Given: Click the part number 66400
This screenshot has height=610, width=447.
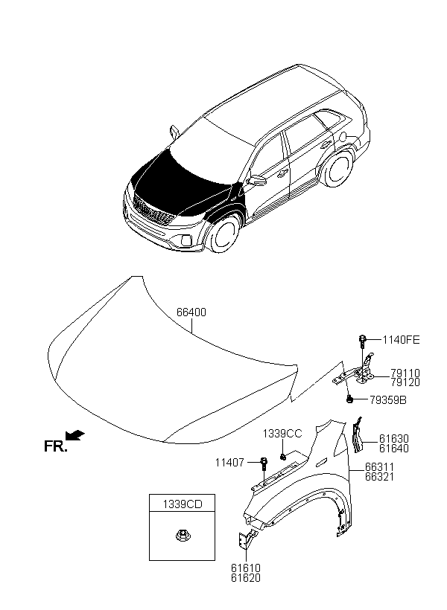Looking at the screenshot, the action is click(x=191, y=312).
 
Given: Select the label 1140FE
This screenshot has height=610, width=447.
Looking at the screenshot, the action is click(x=401, y=340).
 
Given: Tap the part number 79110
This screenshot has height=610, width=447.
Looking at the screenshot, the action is click(x=405, y=373).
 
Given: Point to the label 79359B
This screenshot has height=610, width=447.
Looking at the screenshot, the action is click(x=387, y=400).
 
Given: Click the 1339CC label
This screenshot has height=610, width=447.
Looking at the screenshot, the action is click(x=282, y=434).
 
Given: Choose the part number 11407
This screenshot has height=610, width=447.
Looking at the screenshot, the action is click(x=229, y=463).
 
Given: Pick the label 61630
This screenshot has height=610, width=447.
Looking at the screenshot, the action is click(x=394, y=439).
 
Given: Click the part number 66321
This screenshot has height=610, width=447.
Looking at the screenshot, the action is click(x=380, y=477).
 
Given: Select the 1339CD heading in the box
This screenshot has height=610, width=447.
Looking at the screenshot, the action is click(x=183, y=504).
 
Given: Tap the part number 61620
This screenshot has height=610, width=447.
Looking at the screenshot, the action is click(x=246, y=578).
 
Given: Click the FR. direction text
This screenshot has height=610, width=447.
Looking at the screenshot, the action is click(x=56, y=446).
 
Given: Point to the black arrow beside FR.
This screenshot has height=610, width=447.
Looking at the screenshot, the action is click(x=75, y=435).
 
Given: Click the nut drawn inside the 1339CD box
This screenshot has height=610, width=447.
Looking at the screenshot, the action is click(x=181, y=536).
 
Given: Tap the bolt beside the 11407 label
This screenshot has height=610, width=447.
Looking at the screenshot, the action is click(x=264, y=463).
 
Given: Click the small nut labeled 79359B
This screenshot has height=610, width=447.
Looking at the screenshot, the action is click(x=349, y=399).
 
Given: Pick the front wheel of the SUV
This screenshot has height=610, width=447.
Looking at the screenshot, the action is click(x=223, y=234).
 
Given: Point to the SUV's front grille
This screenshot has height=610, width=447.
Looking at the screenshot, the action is click(x=153, y=211).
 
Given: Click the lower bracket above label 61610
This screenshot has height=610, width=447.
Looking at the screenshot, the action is click(x=246, y=539).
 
